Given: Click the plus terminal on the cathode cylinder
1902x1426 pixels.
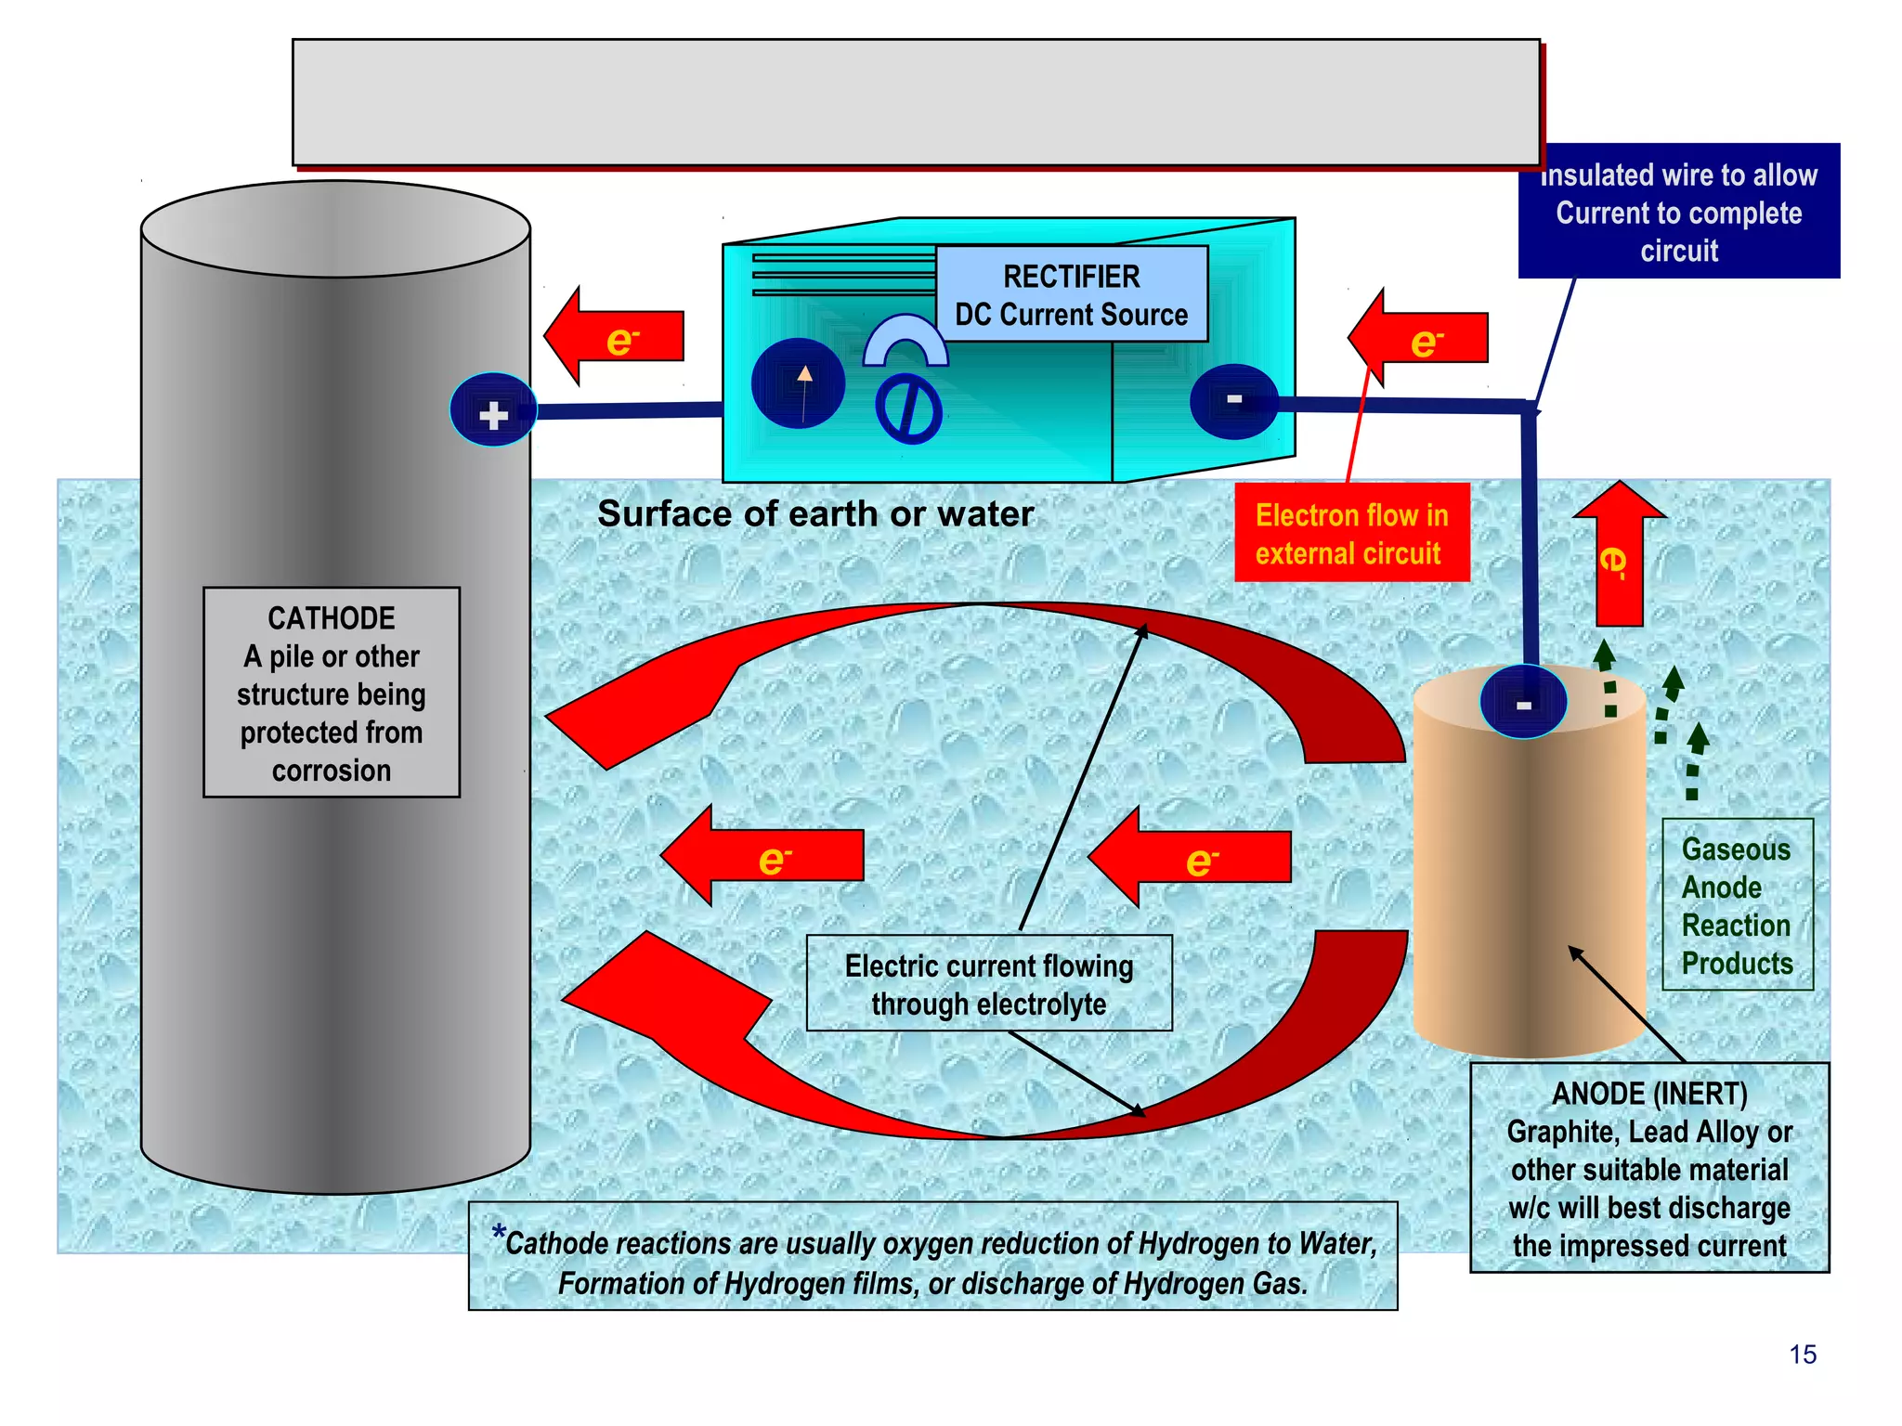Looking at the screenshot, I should [x=493, y=411].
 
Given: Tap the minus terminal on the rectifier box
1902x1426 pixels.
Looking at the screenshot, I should [x=1233, y=400].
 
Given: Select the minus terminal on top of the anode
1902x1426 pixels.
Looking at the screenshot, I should [x=1523, y=704].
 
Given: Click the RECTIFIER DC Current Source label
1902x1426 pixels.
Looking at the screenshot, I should [x=1071, y=294].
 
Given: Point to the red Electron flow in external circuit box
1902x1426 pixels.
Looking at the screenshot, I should [x=1351, y=533].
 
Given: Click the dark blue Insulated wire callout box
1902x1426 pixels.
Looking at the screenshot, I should [x=1678, y=212].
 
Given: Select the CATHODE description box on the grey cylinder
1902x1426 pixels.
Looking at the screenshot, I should [x=332, y=693].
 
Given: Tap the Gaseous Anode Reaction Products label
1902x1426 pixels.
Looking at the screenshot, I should [x=1736, y=905].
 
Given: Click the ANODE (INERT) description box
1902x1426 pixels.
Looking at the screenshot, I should [x=1649, y=1168].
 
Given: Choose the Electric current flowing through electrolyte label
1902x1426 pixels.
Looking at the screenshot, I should [x=988, y=984].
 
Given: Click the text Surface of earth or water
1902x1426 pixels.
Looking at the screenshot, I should [x=814, y=513].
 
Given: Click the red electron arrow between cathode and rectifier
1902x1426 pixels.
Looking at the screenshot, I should [x=615, y=337].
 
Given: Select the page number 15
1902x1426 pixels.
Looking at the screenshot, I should [x=1802, y=1355].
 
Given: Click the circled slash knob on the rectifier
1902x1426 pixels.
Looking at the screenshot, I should [x=909, y=408].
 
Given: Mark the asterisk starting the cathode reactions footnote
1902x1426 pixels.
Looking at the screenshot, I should [x=499, y=1234].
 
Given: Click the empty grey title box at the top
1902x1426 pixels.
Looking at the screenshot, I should [x=916, y=102].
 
